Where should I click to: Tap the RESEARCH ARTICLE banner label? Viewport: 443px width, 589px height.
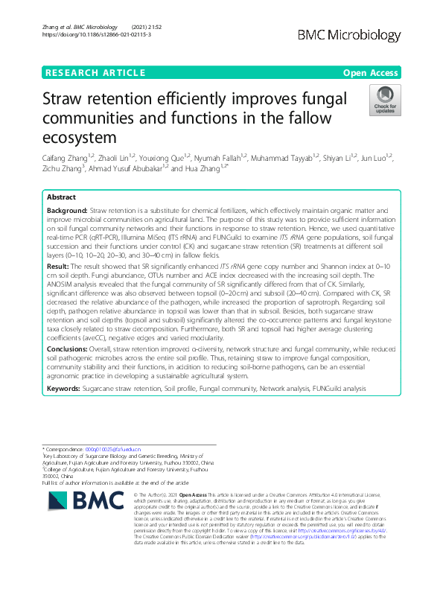(95, 72)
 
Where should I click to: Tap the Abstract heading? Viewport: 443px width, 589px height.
(62, 197)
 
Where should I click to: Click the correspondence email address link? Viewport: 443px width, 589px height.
(103, 450)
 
